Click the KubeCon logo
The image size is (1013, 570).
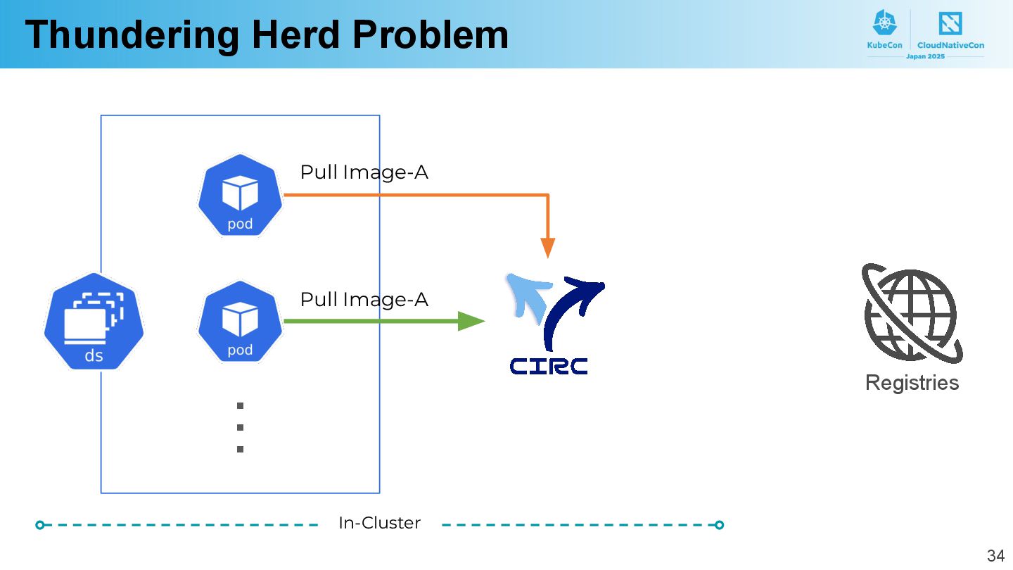(x=884, y=30)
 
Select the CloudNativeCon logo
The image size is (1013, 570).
(x=950, y=30)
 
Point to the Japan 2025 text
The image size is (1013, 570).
(x=925, y=56)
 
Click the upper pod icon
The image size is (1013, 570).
(x=240, y=195)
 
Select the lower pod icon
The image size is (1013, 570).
(x=240, y=322)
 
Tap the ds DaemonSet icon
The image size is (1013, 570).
(x=94, y=322)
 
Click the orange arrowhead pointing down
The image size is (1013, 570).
(x=548, y=248)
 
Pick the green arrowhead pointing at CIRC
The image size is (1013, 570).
(x=471, y=322)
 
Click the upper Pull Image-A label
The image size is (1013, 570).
(x=364, y=172)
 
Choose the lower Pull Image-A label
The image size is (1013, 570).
(x=364, y=300)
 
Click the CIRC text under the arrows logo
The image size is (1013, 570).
(x=549, y=366)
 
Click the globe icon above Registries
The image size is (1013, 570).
(x=912, y=314)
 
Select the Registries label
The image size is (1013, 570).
(x=912, y=383)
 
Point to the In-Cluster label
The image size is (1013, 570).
(x=379, y=524)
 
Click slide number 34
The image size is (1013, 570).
(x=995, y=555)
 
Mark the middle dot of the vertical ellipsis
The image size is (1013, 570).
(x=240, y=427)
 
